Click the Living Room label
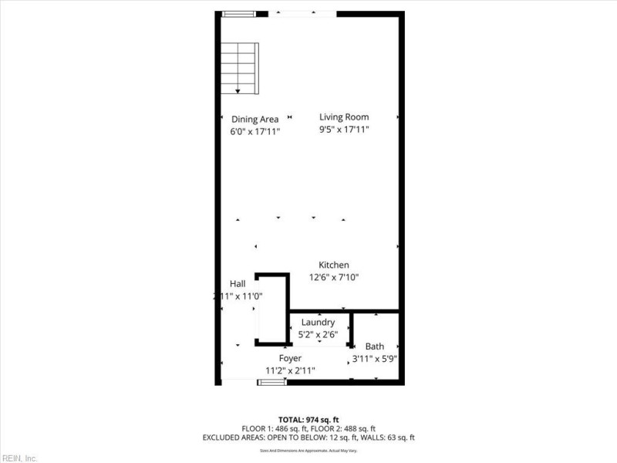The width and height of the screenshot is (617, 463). [344, 117]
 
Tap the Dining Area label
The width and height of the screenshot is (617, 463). [255, 119]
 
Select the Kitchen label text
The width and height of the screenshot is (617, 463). [334, 265]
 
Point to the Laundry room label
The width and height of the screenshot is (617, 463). [318, 322]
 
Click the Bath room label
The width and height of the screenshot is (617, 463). [375, 346]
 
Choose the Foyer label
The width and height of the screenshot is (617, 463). [290, 358]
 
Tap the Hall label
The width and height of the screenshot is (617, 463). [238, 284]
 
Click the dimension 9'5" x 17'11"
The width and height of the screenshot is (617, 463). [344, 130]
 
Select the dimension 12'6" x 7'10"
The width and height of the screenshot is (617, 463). [334, 277]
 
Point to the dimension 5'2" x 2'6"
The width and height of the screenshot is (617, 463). [318, 335]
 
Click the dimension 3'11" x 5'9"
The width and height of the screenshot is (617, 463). [375, 359]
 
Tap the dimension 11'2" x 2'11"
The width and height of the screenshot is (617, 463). [290, 370]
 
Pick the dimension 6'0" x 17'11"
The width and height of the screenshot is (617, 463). [255, 131]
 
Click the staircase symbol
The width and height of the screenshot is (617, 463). [240, 68]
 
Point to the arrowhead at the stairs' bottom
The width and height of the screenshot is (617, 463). [238, 92]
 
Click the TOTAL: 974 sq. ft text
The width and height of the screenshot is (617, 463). [308, 418]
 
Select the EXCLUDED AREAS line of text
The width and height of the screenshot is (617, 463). [308, 438]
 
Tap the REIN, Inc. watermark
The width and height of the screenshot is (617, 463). [19, 458]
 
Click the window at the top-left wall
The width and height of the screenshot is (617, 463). [238, 13]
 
